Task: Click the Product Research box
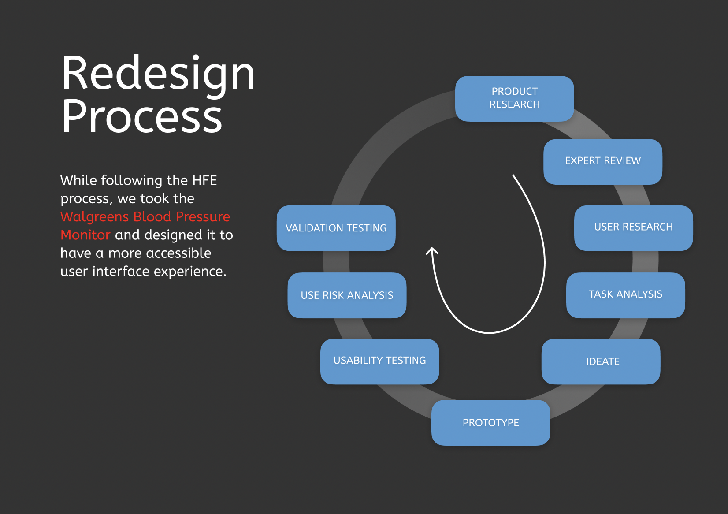(514, 98)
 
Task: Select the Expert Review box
(603, 162)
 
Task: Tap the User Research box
(633, 227)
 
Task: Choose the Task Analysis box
(626, 295)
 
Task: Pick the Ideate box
(601, 361)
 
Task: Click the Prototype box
(491, 422)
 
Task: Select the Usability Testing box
(379, 361)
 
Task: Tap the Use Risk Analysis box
(347, 295)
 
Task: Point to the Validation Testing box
(336, 227)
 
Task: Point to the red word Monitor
(85, 235)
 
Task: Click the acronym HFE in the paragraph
(204, 180)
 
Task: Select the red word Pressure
(203, 217)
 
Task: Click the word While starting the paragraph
(78, 180)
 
